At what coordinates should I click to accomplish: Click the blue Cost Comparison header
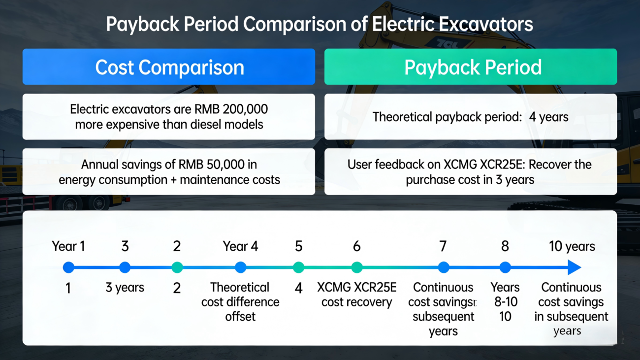click(x=169, y=66)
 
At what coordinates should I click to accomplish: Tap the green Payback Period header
click(x=471, y=66)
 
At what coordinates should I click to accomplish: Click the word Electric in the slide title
click(x=403, y=24)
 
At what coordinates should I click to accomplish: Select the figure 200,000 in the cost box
click(x=245, y=109)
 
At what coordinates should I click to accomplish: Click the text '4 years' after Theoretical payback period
click(x=548, y=117)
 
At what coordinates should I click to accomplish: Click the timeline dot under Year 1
click(x=68, y=267)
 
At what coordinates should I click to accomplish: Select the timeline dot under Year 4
click(x=241, y=267)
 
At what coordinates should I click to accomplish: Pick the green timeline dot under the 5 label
click(x=298, y=267)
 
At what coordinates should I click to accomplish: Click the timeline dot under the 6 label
click(x=357, y=267)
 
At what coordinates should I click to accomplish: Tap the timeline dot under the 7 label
click(x=444, y=267)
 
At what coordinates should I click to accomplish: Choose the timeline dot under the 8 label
click(x=505, y=267)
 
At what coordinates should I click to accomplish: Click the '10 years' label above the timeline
click(x=572, y=246)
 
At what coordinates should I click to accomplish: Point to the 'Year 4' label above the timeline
click(x=240, y=246)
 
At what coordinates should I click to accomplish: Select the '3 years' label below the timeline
click(x=125, y=288)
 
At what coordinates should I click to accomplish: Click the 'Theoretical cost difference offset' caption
click(x=240, y=302)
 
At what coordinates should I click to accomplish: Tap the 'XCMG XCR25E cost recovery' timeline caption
click(x=357, y=295)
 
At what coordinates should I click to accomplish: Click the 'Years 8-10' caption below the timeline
click(x=505, y=295)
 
